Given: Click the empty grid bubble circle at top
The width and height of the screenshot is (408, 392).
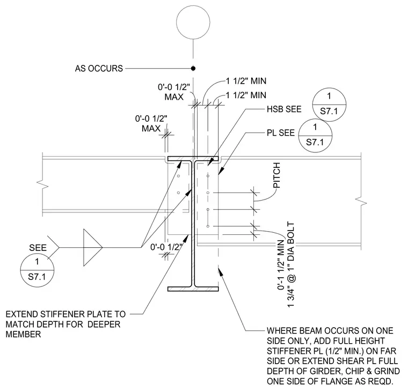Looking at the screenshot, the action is coord(193,6).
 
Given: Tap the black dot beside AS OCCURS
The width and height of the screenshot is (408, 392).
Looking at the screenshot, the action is coord(193,68).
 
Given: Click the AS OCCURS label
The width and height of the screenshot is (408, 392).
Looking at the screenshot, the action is coord(99,68).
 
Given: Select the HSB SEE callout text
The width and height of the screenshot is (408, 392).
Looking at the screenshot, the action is coord(284,109).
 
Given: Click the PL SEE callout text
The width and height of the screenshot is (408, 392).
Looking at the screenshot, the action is coord(280,133).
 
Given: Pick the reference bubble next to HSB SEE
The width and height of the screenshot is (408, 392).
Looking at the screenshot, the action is coord(329,88).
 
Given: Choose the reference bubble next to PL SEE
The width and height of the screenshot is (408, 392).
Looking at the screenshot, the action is coord(315,119).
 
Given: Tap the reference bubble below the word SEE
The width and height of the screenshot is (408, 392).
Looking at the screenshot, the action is coord(37,254).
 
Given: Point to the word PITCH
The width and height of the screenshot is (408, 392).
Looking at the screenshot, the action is coord(276,175).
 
